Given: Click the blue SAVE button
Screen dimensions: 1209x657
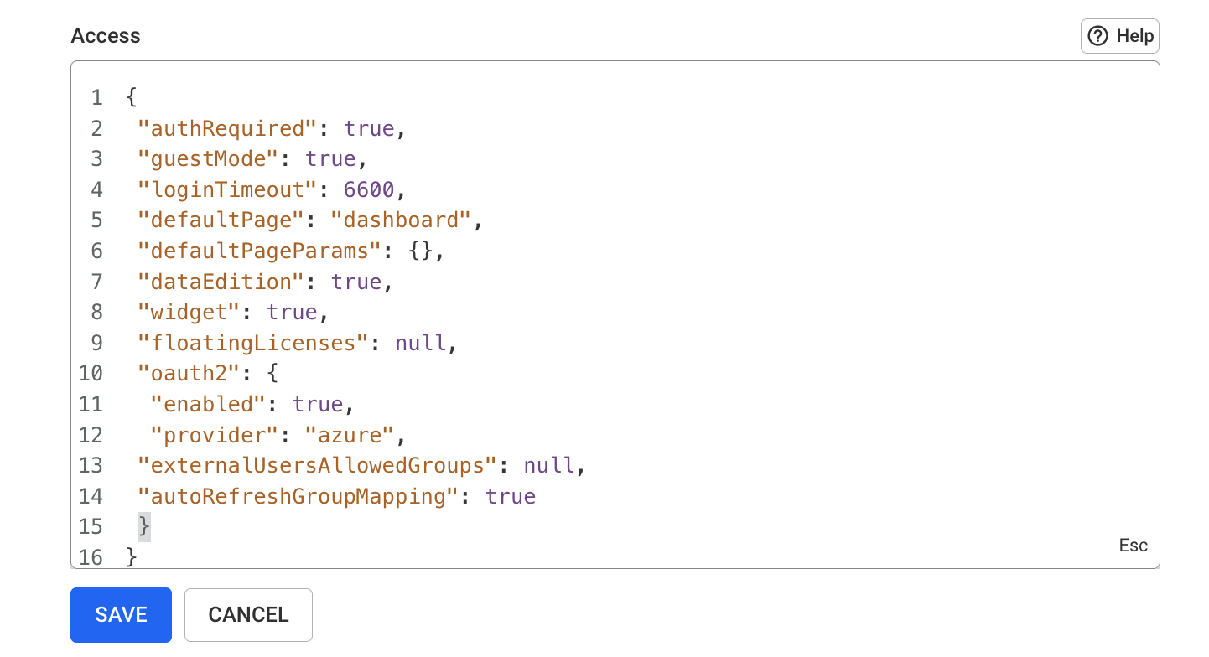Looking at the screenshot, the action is tap(121, 614).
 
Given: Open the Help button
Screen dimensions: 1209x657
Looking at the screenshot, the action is tap(1119, 36).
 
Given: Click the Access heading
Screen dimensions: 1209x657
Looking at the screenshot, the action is tap(106, 35).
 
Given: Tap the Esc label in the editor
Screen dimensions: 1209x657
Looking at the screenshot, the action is tap(1133, 546).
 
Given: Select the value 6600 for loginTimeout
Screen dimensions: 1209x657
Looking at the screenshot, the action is tap(369, 190).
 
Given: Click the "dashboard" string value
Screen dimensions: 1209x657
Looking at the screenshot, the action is tap(401, 220).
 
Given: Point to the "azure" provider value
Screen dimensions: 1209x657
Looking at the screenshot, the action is tap(350, 435).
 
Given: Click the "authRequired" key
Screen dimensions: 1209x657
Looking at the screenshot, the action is tap(226, 129).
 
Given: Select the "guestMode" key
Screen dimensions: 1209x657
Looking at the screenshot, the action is tap(208, 159).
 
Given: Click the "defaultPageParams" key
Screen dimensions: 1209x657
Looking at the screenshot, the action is tap(259, 251).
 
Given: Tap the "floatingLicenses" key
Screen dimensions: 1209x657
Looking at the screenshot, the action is tap(252, 343).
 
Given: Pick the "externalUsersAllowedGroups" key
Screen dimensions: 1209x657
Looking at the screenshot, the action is tap(317, 465).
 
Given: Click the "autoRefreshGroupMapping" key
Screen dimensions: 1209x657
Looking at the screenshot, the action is tap(298, 496).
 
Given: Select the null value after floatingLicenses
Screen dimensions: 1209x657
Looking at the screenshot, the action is tap(420, 343).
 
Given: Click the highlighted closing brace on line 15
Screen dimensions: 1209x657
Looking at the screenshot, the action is tap(143, 526).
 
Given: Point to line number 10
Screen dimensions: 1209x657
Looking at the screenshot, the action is tap(91, 373).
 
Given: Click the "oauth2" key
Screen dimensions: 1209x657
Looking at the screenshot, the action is tap(189, 373).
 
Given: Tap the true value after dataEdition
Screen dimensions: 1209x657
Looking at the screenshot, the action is tap(356, 282).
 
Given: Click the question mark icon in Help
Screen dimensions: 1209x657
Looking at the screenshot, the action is tap(1097, 36).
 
